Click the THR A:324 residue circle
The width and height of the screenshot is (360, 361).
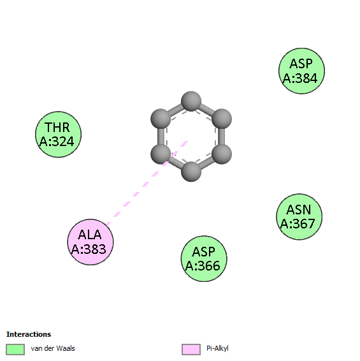pos(58,135)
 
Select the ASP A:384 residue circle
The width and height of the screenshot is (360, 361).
pos(301,71)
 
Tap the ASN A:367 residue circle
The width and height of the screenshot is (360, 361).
pos(299,217)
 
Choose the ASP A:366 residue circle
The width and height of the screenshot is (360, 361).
pos(204,258)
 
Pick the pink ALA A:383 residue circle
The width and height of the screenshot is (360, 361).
pos(90,242)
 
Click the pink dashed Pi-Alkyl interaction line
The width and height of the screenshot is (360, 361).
pos(147,182)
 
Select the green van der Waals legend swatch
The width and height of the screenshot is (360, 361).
pos(15,350)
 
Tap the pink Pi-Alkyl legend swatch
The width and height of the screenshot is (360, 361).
pos(191,350)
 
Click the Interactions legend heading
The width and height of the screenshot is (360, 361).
pos(29,334)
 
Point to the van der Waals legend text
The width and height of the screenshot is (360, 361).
pos(53,348)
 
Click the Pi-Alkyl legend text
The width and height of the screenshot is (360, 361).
pos(217,348)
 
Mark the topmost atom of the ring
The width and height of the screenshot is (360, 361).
pos(191,101)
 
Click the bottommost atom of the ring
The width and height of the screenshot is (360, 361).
pos(191,172)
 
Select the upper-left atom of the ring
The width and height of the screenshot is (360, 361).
pos(161,119)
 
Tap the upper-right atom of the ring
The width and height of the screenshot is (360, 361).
pos(222,119)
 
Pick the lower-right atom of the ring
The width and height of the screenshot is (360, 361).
pos(222,154)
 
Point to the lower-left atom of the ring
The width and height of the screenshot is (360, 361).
pos(161,154)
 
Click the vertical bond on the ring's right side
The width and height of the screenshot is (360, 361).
pos(221,136)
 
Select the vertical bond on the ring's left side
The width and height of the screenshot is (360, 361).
pos(161,136)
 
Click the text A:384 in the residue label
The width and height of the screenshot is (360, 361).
pos(300,78)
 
